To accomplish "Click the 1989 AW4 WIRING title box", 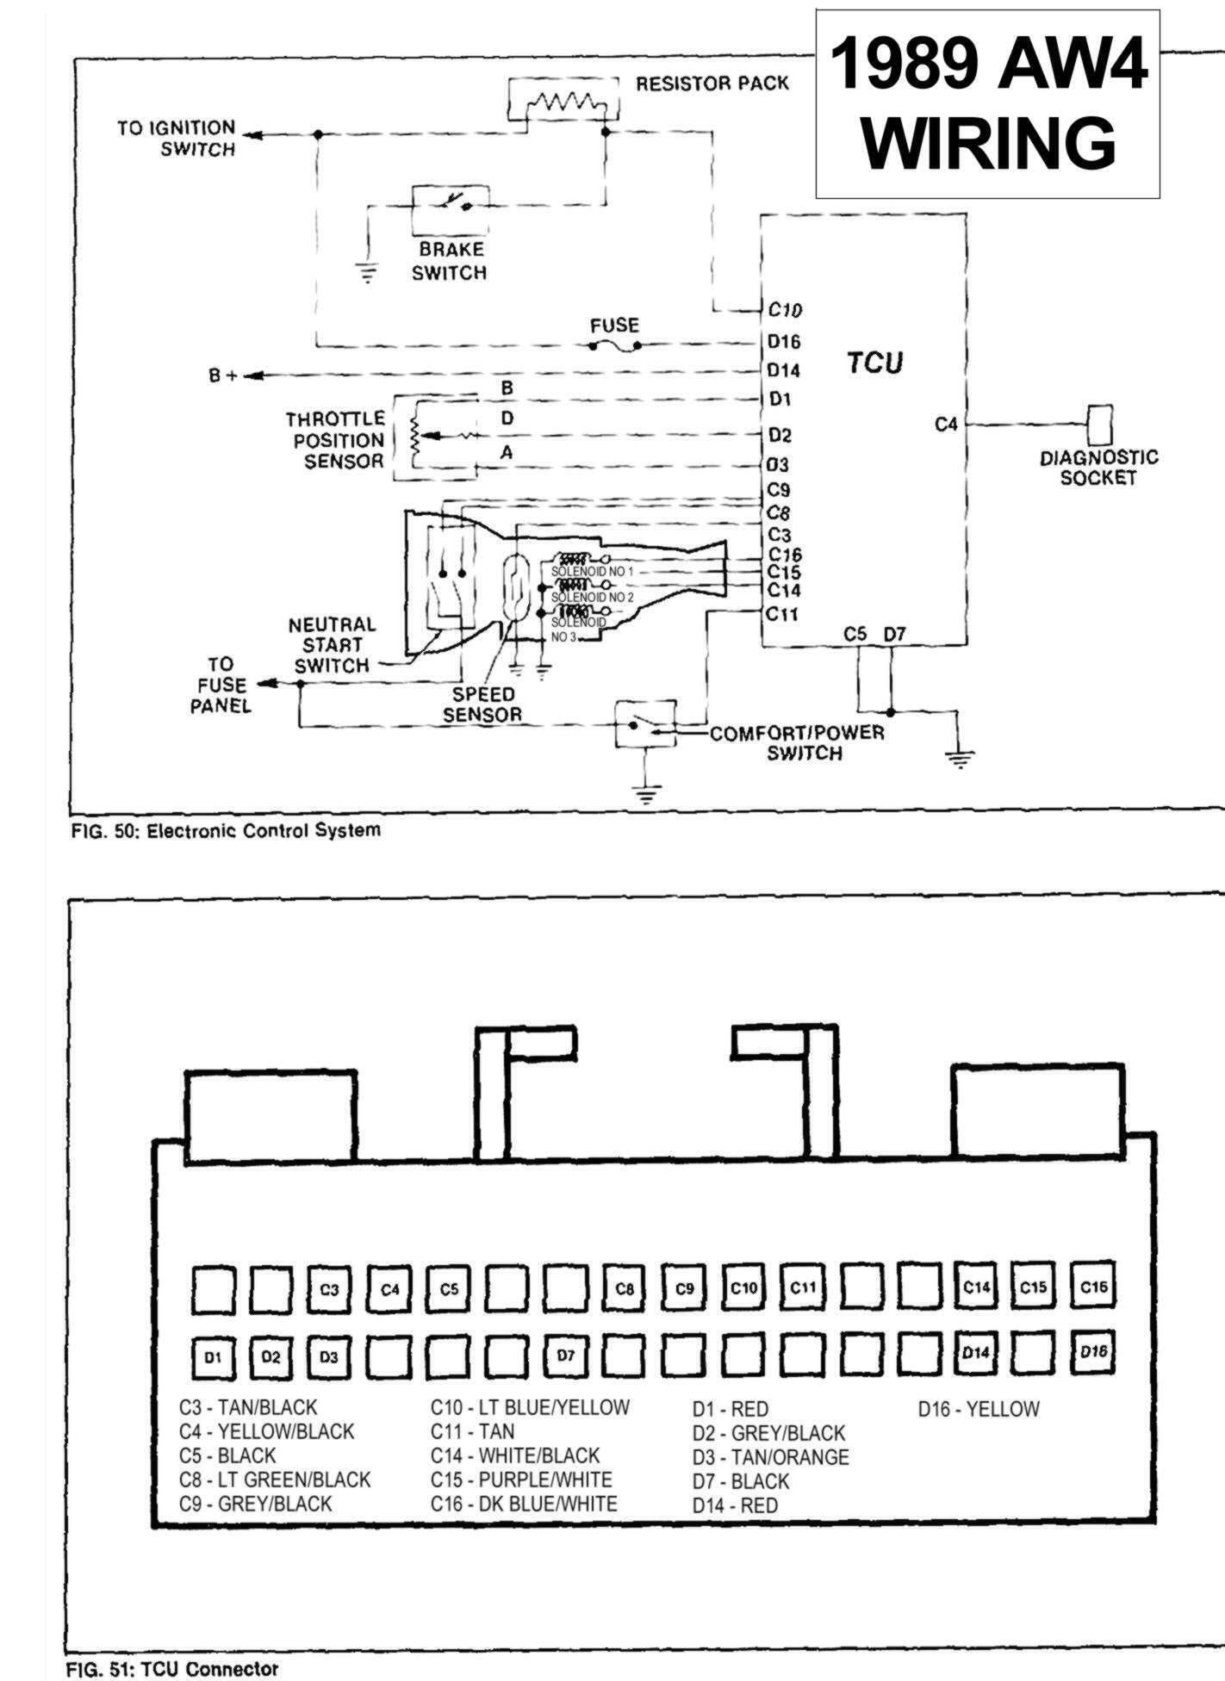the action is (x=988, y=103).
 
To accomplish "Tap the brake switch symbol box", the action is (x=450, y=208).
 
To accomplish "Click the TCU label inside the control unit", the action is (x=874, y=363).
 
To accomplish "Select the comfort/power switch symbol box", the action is (x=644, y=724).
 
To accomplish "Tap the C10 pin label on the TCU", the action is (x=784, y=310).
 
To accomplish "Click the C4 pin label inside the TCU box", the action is (x=946, y=425).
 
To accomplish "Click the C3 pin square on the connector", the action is (x=329, y=1290).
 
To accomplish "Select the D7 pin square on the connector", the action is (x=565, y=1355).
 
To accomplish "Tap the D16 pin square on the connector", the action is (x=1093, y=1352).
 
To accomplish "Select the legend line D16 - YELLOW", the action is (x=979, y=1410).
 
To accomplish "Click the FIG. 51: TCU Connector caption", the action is (x=172, y=1669).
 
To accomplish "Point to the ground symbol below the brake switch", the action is (x=368, y=275).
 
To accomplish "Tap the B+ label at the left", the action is (x=222, y=375).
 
